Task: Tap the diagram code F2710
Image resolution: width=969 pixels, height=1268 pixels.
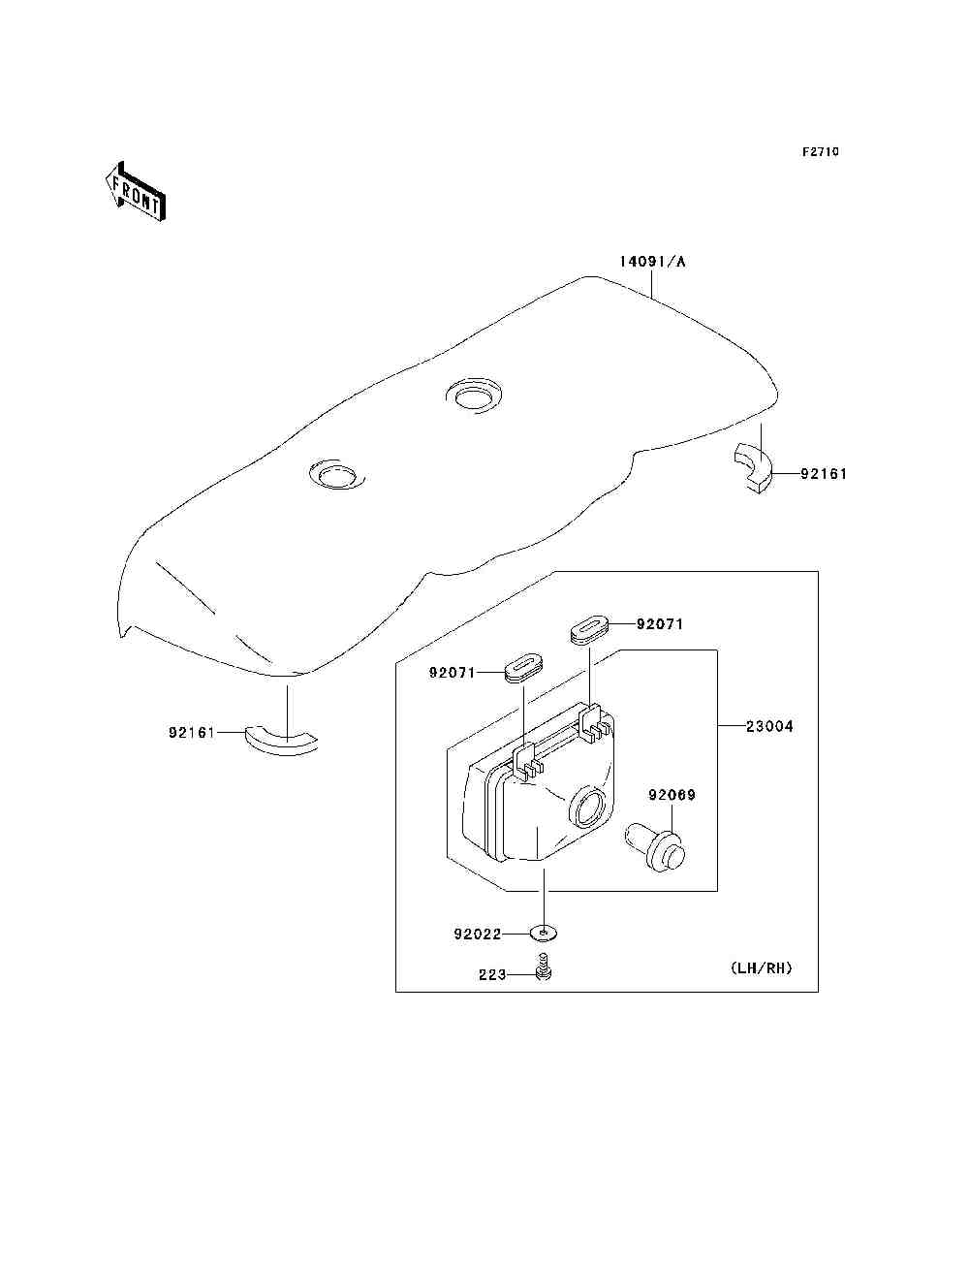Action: click(x=820, y=152)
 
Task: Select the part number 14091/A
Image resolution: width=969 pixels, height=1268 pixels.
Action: click(x=653, y=262)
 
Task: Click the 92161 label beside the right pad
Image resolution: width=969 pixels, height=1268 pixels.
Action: click(x=824, y=474)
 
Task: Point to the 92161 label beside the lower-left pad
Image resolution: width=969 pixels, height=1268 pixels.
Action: click(x=192, y=733)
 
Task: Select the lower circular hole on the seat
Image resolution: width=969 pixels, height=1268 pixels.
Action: click(x=335, y=474)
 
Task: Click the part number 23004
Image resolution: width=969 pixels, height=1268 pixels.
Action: click(x=769, y=726)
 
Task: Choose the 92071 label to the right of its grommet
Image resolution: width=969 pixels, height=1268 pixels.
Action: click(x=660, y=624)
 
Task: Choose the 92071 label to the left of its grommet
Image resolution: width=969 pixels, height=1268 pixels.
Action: click(x=453, y=672)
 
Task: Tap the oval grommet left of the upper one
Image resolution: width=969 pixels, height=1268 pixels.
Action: click(x=523, y=668)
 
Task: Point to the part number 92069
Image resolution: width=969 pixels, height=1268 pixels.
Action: click(x=672, y=795)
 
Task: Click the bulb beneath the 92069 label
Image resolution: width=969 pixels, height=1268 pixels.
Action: click(x=657, y=844)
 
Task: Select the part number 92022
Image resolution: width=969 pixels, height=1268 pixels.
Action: click(x=477, y=935)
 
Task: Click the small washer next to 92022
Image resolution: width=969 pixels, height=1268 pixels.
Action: click(x=546, y=934)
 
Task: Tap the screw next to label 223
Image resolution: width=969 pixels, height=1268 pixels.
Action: click(x=544, y=968)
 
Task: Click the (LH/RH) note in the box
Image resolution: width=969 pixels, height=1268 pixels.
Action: click(x=761, y=967)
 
